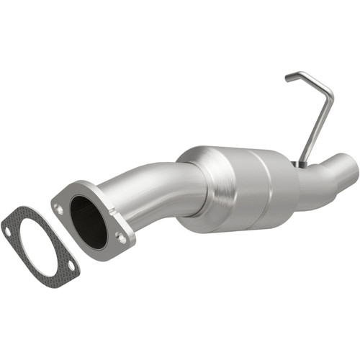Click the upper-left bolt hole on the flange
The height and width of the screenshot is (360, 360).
click(x=60, y=208)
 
